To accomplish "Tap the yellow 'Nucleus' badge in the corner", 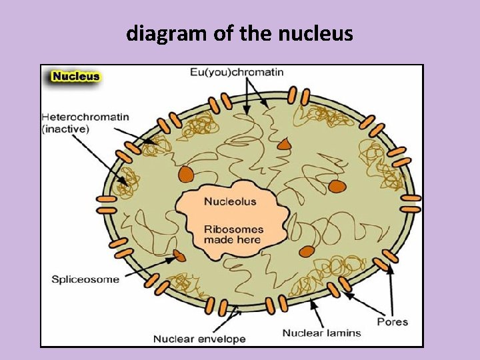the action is pyautogui.click(x=75, y=76).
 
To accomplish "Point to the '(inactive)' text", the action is pyautogui.click(x=65, y=129).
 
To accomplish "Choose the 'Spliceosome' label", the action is pyautogui.click(x=85, y=279).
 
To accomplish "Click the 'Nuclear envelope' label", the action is pyautogui.click(x=199, y=339).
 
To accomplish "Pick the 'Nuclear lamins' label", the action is pyautogui.click(x=321, y=333).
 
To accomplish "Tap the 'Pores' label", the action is pyautogui.click(x=393, y=321).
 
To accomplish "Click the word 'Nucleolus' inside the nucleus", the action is pyautogui.click(x=229, y=201).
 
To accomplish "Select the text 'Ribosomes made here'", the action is pyautogui.click(x=233, y=234).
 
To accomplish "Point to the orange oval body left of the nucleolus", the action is pyautogui.click(x=186, y=174).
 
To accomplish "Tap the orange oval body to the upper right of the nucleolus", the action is pyautogui.click(x=337, y=186).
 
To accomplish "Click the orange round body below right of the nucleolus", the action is pyautogui.click(x=307, y=251).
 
